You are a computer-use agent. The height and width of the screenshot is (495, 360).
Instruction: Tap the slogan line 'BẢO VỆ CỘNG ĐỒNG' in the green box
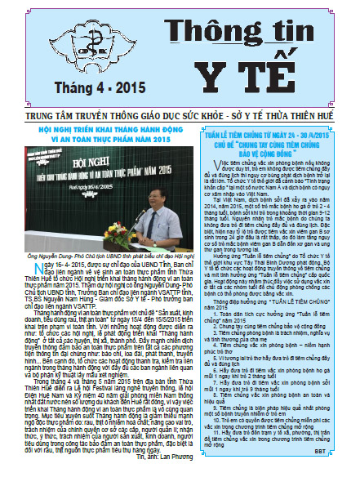point(269,158)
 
